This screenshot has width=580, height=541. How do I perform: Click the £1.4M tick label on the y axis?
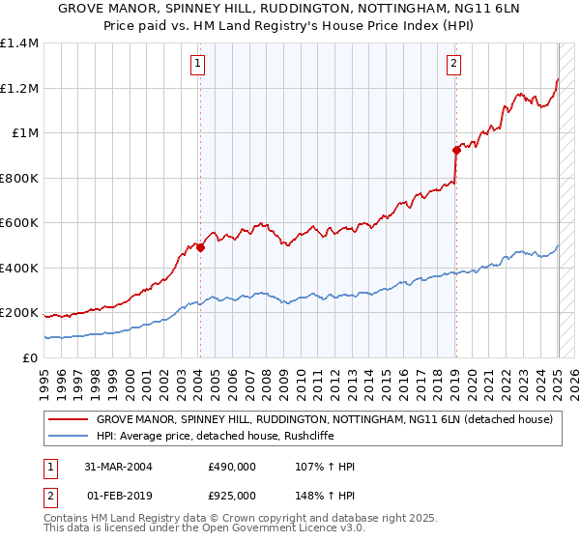point(19,43)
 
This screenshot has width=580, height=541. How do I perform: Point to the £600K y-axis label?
point(19,223)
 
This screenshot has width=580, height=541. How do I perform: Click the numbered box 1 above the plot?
point(197,65)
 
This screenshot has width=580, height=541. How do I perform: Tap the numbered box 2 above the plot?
point(453,65)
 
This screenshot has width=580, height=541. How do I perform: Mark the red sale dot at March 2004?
point(201,247)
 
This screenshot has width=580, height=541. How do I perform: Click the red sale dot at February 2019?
point(455,150)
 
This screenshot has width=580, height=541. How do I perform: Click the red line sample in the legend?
point(68,419)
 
